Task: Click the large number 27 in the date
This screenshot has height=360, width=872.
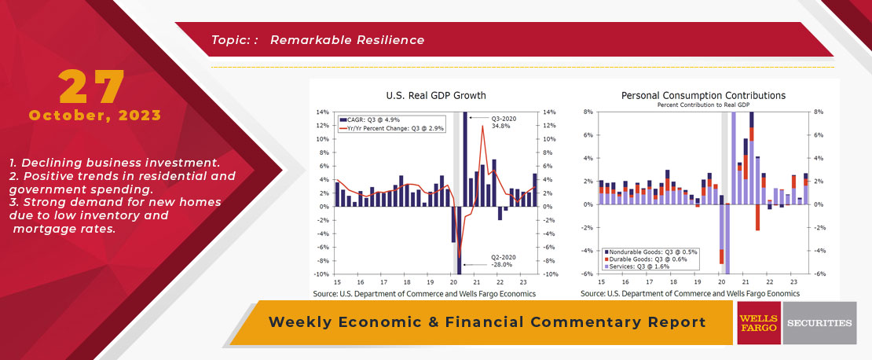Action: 93,87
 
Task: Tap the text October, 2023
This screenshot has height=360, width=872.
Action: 95,116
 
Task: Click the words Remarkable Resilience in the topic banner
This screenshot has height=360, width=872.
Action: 347,39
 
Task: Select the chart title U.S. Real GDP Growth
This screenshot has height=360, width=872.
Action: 425,95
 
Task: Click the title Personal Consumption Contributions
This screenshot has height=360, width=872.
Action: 703,95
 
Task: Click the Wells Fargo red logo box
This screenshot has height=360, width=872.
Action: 758,322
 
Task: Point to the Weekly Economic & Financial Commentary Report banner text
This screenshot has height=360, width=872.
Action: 487,322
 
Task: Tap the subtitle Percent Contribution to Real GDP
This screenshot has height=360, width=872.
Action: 703,104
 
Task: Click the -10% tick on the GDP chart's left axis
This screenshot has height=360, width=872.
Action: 321,274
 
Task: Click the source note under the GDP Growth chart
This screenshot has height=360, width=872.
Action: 424,293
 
